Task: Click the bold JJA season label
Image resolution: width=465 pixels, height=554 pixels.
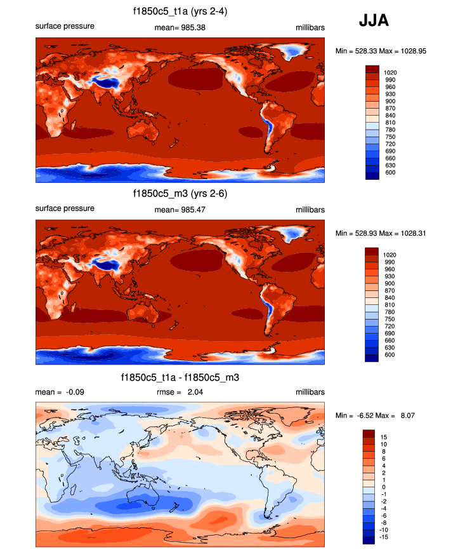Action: point(374,21)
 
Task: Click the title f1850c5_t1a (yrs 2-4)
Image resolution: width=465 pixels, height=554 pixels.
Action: point(180,11)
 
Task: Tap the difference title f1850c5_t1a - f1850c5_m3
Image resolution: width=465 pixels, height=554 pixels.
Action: point(180,378)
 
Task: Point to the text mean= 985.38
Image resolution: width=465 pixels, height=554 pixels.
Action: point(180,27)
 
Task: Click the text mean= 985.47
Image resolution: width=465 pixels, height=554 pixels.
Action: point(180,210)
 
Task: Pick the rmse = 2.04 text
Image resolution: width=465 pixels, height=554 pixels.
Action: point(180,393)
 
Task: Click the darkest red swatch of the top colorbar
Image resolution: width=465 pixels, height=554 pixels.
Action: point(372,68)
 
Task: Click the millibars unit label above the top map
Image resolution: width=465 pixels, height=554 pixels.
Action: point(310,27)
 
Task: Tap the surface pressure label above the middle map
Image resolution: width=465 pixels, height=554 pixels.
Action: point(65,208)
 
